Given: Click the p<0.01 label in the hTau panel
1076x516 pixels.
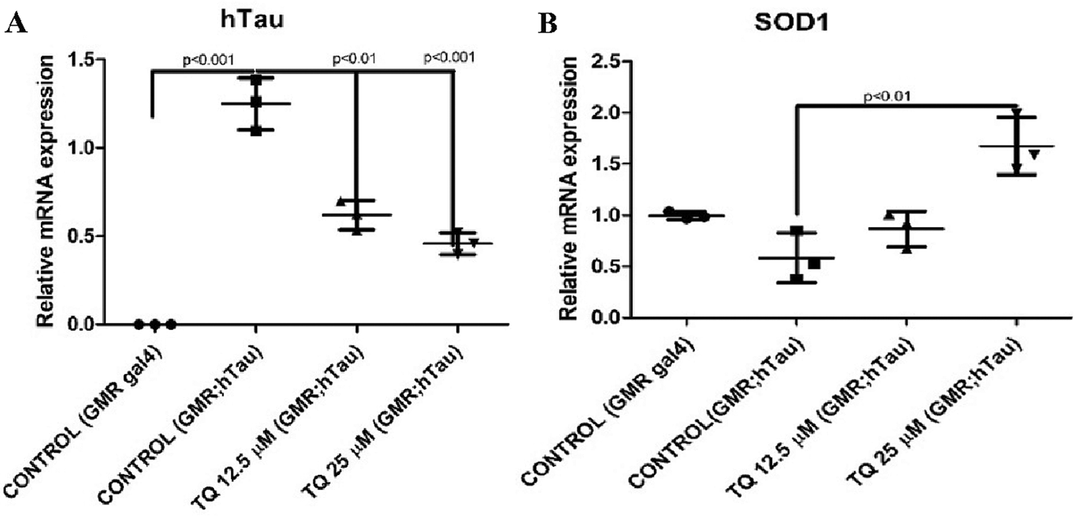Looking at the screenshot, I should pos(355,57).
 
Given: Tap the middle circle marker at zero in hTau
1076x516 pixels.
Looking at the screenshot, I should pos(155,324).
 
